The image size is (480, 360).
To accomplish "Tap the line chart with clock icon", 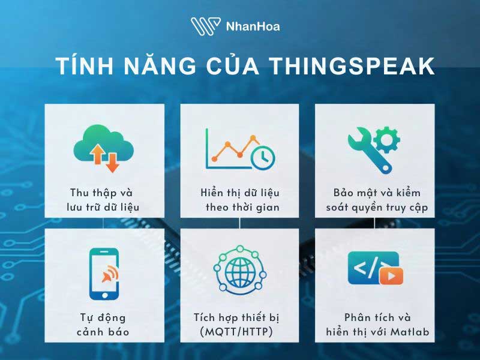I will pyautogui.click(x=239, y=148).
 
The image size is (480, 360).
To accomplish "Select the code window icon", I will pyautogui.click(x=374, y=268).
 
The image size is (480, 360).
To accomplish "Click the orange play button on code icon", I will pyautogui.click(x=391, y=276).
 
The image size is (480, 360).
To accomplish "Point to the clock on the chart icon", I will pyautogui.click(x=263, y=157).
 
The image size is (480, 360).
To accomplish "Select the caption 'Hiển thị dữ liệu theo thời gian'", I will pyautogui.click(x=240, y=200).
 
